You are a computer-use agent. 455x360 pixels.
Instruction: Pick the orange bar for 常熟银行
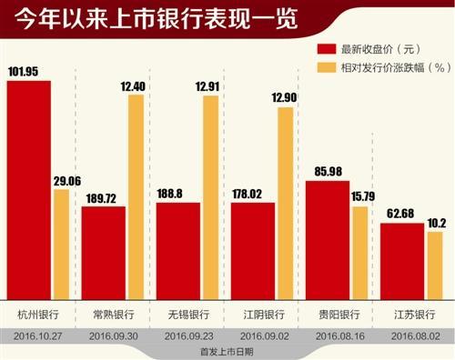136,196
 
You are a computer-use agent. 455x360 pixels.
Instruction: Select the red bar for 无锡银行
178,250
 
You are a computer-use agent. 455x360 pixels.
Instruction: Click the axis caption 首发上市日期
227,351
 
